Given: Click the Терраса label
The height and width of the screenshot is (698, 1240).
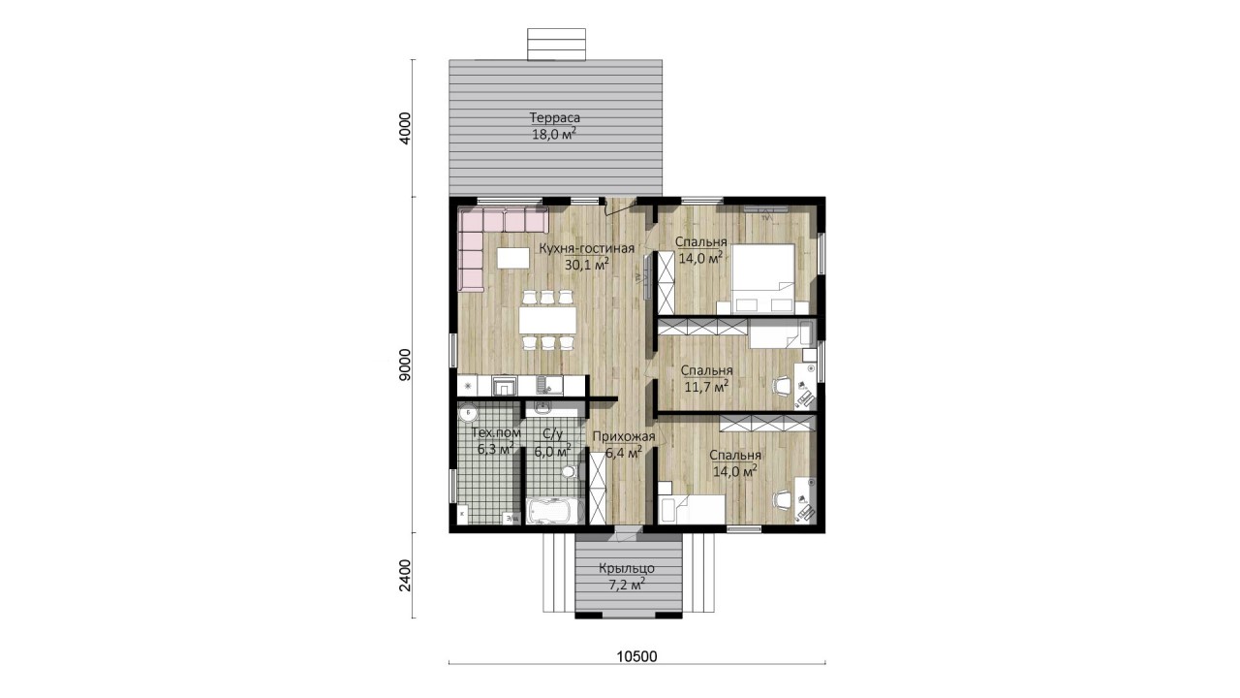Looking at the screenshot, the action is click(x=555, y=117).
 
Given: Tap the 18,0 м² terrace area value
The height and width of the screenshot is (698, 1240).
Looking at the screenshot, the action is click(x=554, y=134).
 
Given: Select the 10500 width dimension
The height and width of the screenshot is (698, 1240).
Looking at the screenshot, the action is click(x=636, y=656).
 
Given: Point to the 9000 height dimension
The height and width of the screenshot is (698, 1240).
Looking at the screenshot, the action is click(x=406, y=365).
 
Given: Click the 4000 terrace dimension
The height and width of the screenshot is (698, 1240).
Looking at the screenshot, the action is click(x=406, y=128).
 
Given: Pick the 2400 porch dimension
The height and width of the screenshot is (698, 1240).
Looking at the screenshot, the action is click(x=406, y=576).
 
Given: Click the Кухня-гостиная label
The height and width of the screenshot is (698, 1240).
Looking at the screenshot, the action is click(x=587, y=248).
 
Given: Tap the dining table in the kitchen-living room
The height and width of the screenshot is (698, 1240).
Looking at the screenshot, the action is click(x=547, y=320).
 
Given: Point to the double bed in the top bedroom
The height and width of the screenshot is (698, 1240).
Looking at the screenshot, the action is click(x=763, y=278).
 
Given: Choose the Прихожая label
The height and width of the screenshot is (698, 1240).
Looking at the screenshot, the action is click(x=624, y=436).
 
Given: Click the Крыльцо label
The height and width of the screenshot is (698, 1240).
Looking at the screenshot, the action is click(x=627, y=568).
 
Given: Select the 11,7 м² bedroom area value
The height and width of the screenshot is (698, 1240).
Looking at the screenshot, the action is click(x=706, y=386).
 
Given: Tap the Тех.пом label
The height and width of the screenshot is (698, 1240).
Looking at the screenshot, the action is click(x=495, y=432).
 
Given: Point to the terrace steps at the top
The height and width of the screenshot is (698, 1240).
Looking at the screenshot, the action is click(x=556, y=45).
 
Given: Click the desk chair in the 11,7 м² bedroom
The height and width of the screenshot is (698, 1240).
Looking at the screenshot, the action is click(x=782, y=386).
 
